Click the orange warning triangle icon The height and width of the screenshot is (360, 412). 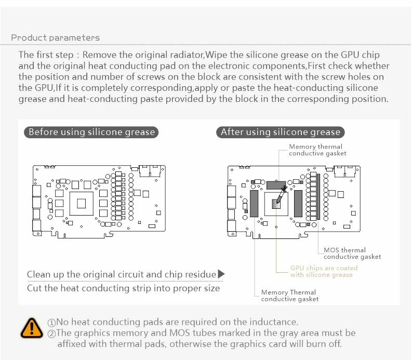click(32, 328)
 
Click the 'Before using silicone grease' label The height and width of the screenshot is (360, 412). click(91, 132)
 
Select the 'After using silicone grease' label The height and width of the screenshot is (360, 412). click(281, 132)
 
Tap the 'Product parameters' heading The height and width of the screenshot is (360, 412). click(55, 38)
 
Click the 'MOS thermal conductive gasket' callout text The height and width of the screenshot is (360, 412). click(352, 254)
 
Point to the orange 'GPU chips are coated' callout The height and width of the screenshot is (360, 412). click(324, 271)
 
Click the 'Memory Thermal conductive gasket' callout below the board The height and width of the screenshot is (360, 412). click(289, 296)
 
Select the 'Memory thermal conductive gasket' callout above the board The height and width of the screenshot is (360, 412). click(317, 150)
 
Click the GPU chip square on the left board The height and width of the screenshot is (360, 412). click(81, 204)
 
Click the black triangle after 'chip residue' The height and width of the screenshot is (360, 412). click(221, 274)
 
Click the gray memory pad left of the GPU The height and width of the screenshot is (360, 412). click(254, 204)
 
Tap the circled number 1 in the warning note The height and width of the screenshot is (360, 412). click(51, 323)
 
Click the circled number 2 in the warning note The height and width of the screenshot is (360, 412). click(51, 334)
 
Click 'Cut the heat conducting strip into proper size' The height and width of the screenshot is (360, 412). click(123, 288)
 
